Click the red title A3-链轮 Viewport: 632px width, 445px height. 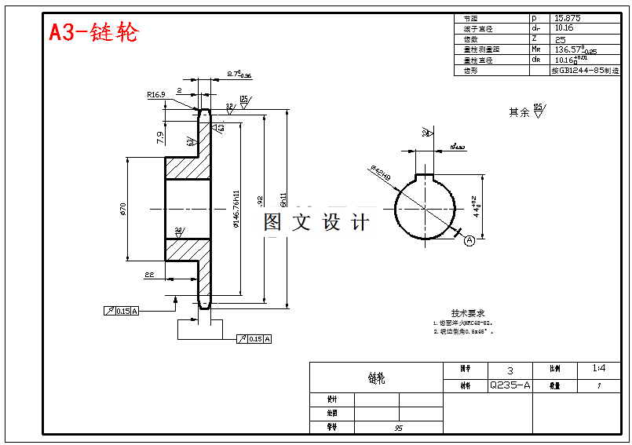tap(93, 32)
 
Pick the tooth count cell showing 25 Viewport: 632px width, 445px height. tap(561, 38)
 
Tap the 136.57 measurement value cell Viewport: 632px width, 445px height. tap(575, 49)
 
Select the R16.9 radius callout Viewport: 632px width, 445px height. tap(155, 95)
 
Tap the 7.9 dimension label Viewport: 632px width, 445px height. tap(160, 137)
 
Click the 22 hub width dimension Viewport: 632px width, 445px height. tap(148, 274)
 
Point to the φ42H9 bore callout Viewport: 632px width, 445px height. tap(380, 173)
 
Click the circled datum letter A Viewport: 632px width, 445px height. tap(469, 240)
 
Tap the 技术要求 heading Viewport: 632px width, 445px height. tap(468, 312)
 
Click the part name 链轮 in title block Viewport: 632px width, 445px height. tap(377, 378)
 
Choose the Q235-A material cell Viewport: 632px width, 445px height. tap(510, 385)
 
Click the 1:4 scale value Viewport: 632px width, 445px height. tap(599, 368)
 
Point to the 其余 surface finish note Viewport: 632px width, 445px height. tap(519, 112)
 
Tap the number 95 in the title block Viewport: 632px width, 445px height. tap(399, 428)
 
